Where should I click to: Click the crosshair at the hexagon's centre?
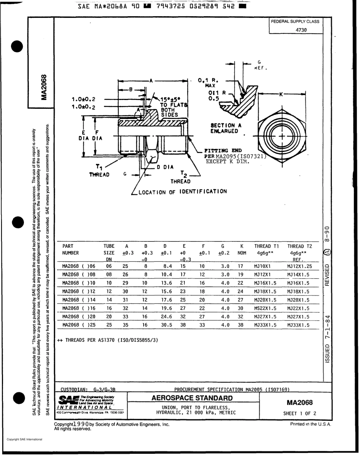pos(282,135)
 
